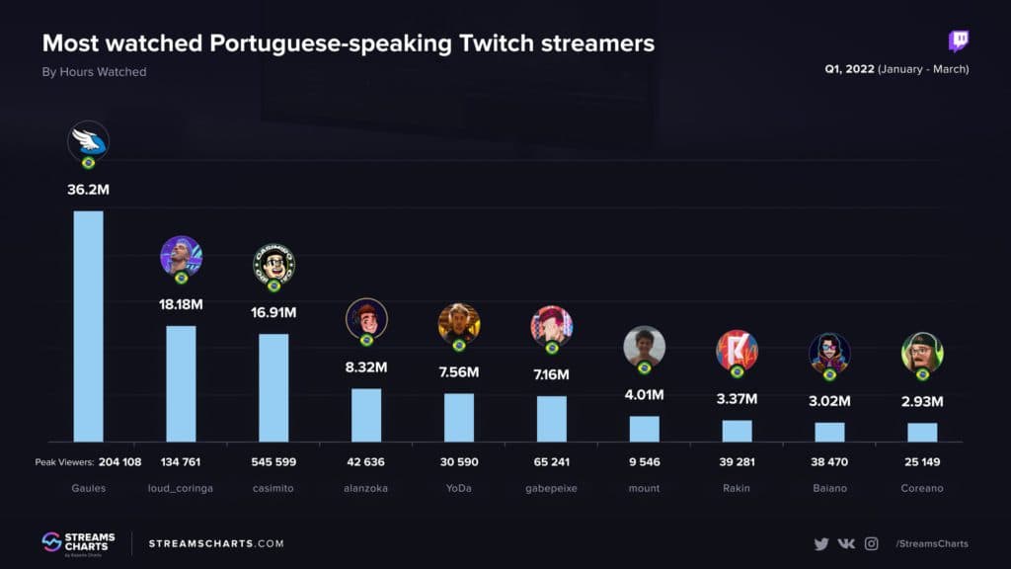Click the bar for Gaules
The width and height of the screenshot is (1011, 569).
click(88, 326)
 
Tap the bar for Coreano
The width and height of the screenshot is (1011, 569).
click(922, 432)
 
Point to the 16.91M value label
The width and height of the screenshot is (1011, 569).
click(273, 313)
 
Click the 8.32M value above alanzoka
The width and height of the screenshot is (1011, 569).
click(366, 367)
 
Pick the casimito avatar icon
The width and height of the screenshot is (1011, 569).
click(273, 263)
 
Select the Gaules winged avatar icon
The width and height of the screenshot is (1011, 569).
click(88, 141)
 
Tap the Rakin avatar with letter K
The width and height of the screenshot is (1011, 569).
click(737, 350)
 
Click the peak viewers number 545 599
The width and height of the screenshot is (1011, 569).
click(273, 461)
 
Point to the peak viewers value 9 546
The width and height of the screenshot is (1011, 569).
click(644, 461)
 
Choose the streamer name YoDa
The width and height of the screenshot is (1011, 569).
click(459, 488)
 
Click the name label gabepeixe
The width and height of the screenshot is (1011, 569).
click(551, 488)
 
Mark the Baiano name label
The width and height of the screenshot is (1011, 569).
click(829, 488)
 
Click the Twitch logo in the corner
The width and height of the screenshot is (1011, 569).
click(958, 41)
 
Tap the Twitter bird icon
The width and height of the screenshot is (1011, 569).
click(820, 543)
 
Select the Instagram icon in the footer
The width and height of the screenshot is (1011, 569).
click(871, 543)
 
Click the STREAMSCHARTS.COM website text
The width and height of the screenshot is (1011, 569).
click(216, 543)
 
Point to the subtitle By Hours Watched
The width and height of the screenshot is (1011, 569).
click(94, 71)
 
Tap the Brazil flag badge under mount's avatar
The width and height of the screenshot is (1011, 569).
click(644, 367)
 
